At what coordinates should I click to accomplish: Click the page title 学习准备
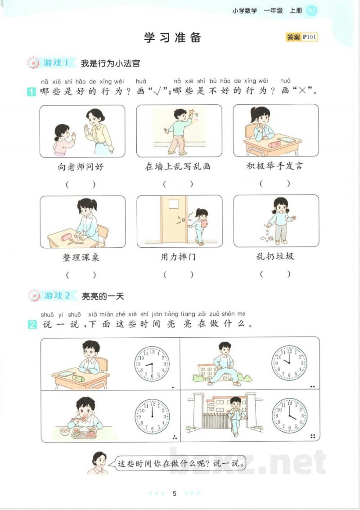[x=172, y=37]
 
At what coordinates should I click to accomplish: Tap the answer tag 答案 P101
[x=301, y=37]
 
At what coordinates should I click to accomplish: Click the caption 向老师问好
[x=81, y=167]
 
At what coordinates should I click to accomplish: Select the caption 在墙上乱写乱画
[x=178, y=166]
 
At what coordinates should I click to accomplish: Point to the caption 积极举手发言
[x=274, y=166]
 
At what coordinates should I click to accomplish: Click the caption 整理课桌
[x=81, y=257]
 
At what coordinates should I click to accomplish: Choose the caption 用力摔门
[x=178, y=257]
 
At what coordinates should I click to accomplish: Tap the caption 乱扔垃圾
[x=275, y=257]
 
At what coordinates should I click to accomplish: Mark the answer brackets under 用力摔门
[x=178, y=274]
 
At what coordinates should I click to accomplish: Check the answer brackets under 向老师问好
[x=81, y=184]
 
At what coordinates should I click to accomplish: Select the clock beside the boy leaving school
[x=290, y=416]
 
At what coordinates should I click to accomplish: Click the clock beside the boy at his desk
[x=152, y=363]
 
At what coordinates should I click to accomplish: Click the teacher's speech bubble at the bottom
[x=180, y=463]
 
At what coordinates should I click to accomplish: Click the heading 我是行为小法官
[x=110, y=63]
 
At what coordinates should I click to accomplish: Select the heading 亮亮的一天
[x=102, y=296]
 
